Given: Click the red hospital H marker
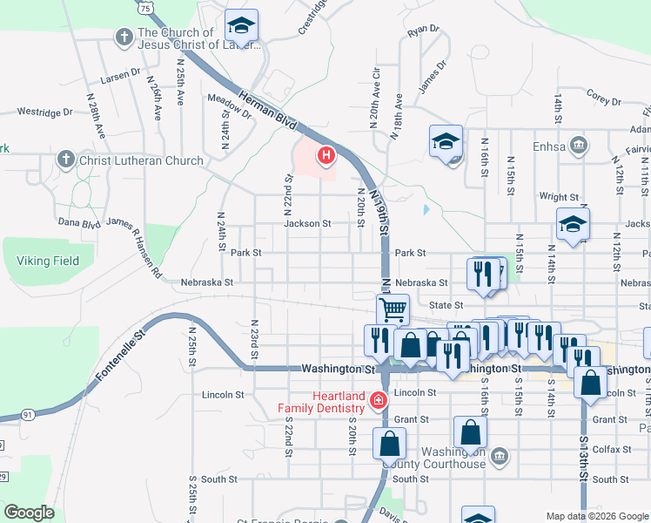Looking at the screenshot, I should pos(326,156).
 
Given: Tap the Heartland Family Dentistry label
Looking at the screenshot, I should pos(321,403).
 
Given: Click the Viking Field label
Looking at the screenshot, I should pos(48,261).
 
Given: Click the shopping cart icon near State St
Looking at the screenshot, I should pos(393,308).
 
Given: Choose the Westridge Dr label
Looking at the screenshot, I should pos(45,112).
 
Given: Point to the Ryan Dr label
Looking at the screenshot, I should pos(423,30).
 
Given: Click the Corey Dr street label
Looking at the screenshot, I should pos(603,96).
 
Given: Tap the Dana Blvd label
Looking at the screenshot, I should pos(79,223).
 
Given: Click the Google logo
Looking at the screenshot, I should pos(29,513).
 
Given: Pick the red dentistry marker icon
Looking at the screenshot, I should pos(378,401).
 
